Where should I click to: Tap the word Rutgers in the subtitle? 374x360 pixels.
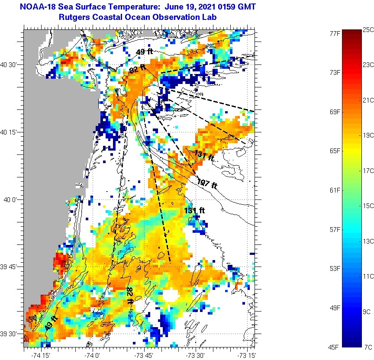pos(73,17)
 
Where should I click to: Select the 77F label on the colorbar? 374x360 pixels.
pos(334,33)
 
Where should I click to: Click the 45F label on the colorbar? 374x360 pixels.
pos(334,347)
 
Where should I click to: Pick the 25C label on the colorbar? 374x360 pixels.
pos(368,29)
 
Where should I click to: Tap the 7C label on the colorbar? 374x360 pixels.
pos(368,347)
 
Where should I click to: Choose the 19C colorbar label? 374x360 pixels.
pos(368,135)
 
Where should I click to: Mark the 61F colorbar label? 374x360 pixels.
pos(334,190)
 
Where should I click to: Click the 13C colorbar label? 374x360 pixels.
pos(368,241)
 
